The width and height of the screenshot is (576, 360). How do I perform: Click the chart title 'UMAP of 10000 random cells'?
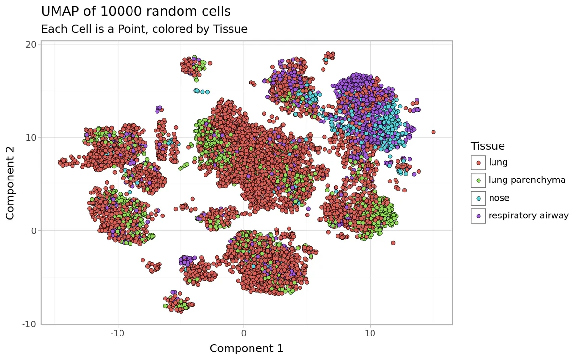pyautogui.click(x=136, y=12)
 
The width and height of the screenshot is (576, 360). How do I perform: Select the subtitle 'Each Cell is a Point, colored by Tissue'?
pyautogui.click(x=144, y=29)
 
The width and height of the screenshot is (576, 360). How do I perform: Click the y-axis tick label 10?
pyautogui.click(x=31, y=137)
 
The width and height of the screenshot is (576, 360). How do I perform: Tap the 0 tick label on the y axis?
pyautogui.click(x=34, y=230)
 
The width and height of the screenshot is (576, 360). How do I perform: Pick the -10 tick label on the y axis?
pyautogui.click(x=29, y=324)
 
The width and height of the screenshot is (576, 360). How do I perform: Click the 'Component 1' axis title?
pyautogui.click(x=246, y=348)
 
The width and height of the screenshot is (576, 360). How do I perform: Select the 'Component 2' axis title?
pyautogui.click(x=11, y=183)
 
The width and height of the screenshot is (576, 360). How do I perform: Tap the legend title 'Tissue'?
pyautogui.click(x=488, y=146)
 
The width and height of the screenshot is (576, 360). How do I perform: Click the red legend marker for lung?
pyautogui.click(x=478, y=163)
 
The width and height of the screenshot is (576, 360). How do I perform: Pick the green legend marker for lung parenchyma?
pyautogui.click(x=478, y=180)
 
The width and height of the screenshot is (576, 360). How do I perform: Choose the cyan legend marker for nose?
pyautogui.click(x=478, y=198)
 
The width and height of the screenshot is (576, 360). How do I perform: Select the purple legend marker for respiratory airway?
pyautogui.click(x=478, y=216)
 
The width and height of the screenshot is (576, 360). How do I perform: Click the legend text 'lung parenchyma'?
pyautogui.click(x=527, y=180)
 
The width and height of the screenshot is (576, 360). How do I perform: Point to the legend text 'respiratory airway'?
pyautogui.click(x=528, y=216)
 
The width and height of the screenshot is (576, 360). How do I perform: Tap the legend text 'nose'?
pyautogui.click(x=499, y=198)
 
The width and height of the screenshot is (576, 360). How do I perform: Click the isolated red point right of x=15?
pyautogui.click(x=433, y=132)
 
